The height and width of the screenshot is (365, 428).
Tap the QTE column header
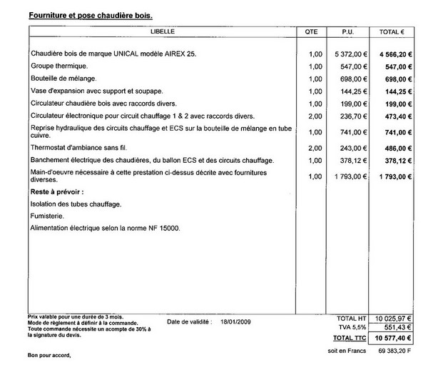312,32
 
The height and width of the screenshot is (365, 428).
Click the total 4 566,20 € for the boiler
392,54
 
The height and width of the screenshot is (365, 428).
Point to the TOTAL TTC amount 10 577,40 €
389,336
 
